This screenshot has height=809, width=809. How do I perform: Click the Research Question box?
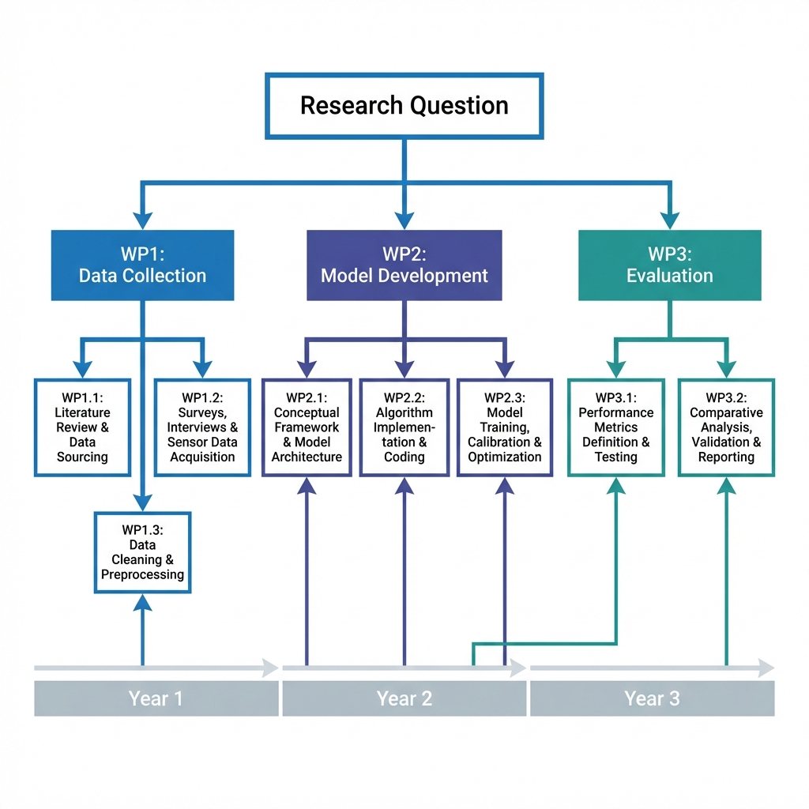coord(404,106)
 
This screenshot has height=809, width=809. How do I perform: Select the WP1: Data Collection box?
coord(142,265)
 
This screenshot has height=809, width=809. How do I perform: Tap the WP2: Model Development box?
coord(404,265)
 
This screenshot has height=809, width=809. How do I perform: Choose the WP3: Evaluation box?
coord(669,265)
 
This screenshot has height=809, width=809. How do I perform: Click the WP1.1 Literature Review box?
coord(82,427)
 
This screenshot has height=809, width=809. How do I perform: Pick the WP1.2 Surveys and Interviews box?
coord(202,427)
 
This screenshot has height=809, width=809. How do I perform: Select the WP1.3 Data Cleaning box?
coord(142,552)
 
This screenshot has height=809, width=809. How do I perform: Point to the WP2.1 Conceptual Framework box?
coord(307,427)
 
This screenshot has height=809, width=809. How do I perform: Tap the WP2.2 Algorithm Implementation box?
coord(404,427)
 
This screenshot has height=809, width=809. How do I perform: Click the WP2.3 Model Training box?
coord(505,427)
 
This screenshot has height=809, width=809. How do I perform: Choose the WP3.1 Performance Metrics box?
coord(615,427)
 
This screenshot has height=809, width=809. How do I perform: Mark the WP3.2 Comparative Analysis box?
coord(726,427)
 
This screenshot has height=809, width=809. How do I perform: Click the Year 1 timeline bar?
coord(156,698)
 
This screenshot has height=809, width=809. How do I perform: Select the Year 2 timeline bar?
coord(404,698)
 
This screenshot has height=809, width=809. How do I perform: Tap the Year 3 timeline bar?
coord(652,698)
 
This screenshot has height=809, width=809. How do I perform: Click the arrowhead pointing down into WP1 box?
coord(142,220)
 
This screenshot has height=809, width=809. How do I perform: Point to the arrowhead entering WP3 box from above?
coord(669,220)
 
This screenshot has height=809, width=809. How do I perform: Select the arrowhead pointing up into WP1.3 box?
coord(142,604)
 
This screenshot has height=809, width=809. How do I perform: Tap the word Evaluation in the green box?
coord(669,276)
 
